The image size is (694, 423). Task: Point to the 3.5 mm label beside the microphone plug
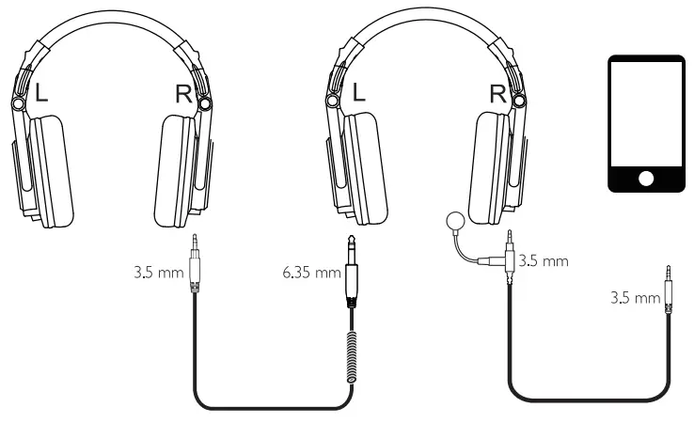544,260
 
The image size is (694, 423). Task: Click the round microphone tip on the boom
455,222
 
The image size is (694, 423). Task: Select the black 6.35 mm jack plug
352,277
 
